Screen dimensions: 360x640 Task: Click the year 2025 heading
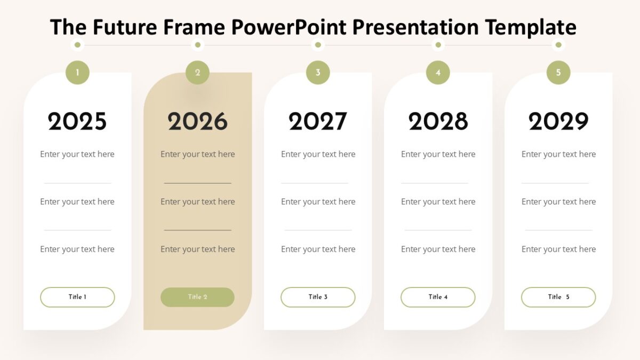tap(77, 122)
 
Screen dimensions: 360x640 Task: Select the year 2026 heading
tap(197, 122)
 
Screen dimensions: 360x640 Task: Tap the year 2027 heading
tap(318, 122)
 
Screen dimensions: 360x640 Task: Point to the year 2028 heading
tap(438, 122)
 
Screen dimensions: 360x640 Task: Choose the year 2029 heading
tap(558, 122)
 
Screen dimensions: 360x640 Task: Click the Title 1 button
tap(77, 297)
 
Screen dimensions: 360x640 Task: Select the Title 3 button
tap(318, 297)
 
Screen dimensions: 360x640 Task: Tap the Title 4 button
tap(438, 297)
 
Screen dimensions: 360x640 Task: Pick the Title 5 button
tap(558, 297)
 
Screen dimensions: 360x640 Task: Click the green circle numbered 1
tap(77, 73)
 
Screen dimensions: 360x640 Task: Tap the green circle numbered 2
tap(197, 73)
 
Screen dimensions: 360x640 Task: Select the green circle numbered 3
tap(318, 73)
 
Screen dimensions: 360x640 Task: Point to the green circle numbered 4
tap(438, 73)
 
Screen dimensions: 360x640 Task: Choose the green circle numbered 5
tap(558, 73)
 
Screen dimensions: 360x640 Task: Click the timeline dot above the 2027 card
tap(318, 45)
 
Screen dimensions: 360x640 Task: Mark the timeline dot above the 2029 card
tap(558, 45)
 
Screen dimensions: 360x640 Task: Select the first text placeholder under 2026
tap(197, 154)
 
